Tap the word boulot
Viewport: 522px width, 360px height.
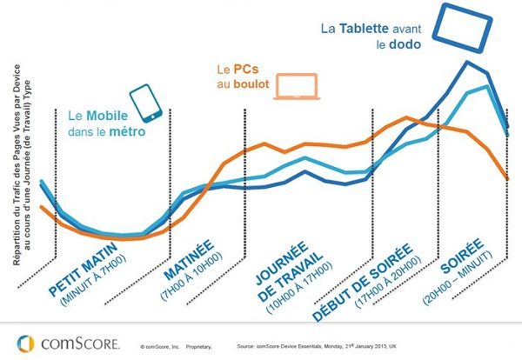point(244,84)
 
